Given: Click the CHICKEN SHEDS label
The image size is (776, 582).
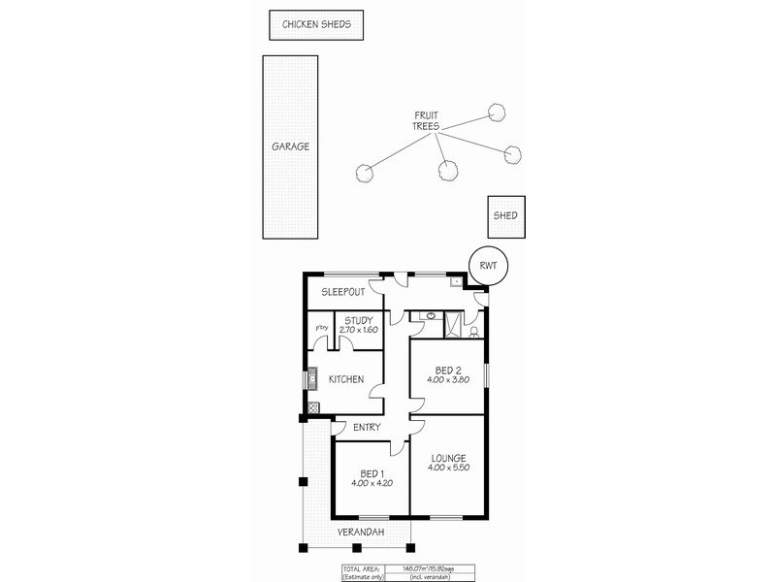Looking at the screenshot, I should click(x=316, y=24).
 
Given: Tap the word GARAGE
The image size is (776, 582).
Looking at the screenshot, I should click(x=290, y=147).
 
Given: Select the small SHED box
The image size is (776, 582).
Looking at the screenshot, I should click(x=505, y=216).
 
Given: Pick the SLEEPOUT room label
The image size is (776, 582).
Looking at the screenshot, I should click(x=342, y=291).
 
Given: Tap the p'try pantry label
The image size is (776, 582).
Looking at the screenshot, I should click(x=321, y=328).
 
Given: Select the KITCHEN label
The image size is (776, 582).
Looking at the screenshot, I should click(x=346, y=379).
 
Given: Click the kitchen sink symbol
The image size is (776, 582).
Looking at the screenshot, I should click(x=312, y=379).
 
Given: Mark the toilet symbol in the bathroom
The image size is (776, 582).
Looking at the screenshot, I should click(x=472, y=331).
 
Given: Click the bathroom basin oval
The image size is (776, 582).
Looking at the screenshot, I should click(x=429, y=316).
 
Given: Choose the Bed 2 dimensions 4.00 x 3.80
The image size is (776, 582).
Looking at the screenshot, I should click(x=447, y=380).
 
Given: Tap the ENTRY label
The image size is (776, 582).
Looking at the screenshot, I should click(x=367, y=428).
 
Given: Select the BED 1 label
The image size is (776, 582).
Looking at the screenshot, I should click(x=372, y=472).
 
